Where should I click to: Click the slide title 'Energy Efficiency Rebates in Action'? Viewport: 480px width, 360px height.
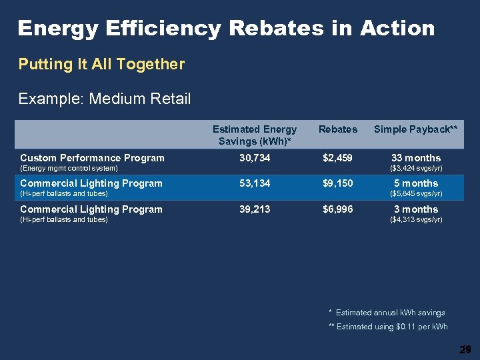point(226,28)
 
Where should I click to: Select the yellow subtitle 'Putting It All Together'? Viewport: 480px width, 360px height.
point(101,64)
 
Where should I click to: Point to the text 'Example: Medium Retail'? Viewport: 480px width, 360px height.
point(105,99)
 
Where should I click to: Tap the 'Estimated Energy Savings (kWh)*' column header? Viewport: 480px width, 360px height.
point(255,135)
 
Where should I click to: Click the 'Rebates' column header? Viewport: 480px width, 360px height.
point(338,129)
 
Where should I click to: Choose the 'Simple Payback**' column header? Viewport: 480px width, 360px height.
point(415,129)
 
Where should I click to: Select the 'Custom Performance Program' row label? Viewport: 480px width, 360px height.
point(92,158)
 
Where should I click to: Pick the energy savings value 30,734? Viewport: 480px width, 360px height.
point(255,158)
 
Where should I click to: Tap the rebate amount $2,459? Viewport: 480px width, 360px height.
point(338,158)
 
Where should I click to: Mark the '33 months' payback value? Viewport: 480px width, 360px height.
point(415,158)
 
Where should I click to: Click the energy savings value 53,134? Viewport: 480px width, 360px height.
point(255,183)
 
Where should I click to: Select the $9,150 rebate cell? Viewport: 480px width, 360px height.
point(338,183)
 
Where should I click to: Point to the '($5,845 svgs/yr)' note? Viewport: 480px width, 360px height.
point(415,193)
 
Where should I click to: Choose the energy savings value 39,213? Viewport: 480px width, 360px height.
point(255,209)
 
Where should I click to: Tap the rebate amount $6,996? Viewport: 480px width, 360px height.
point(338,209)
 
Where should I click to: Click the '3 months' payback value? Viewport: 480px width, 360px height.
point(415,209)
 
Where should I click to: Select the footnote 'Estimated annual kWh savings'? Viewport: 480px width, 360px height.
point(390,312)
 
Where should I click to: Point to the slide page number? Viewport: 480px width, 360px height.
point(465,349)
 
